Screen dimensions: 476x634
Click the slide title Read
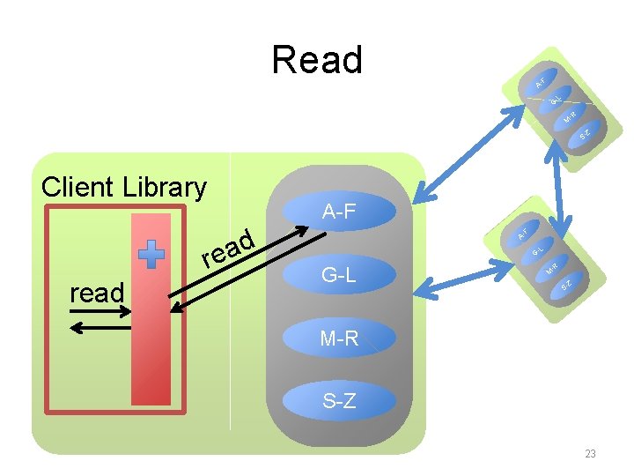pyautogui.click(x=317, y=60)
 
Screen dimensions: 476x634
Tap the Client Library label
pyautogui.click(x=124, y=187)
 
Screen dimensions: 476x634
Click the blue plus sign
pyautogui.click(x=153, y=253)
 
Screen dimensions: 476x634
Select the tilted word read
pyautogui.click(x=228, y=249)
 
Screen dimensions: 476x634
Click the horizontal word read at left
pyautogui.click(x=96, y=293)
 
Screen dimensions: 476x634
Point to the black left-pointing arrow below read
pyautogui.click(x=100, y=328)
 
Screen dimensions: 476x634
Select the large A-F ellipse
pyautogui.click(x=339, y=212)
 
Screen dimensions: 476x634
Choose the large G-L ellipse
pyautogui.click(x=339, y=275)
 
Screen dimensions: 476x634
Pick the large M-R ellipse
pyautogui.click(x=339, y=338)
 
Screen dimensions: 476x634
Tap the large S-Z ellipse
pyautogui.click(x=339, y=401)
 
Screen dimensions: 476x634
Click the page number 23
pyautogui.click(x=590, y=454)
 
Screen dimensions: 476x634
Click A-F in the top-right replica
pyautogui.click(x=542, y=82)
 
